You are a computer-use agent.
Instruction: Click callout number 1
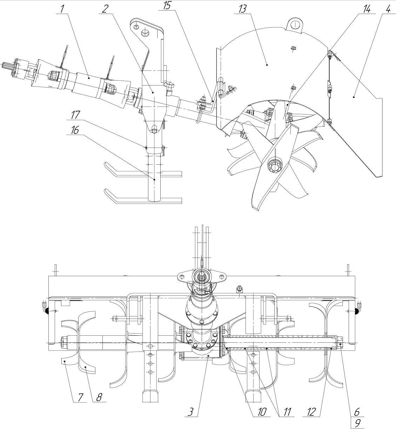pyautogui.click(x=62, y=9)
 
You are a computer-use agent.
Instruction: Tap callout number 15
pyautogui.click(x=167, y=6)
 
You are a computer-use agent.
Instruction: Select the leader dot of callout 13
pyautogui.click(x=267, y=64)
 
